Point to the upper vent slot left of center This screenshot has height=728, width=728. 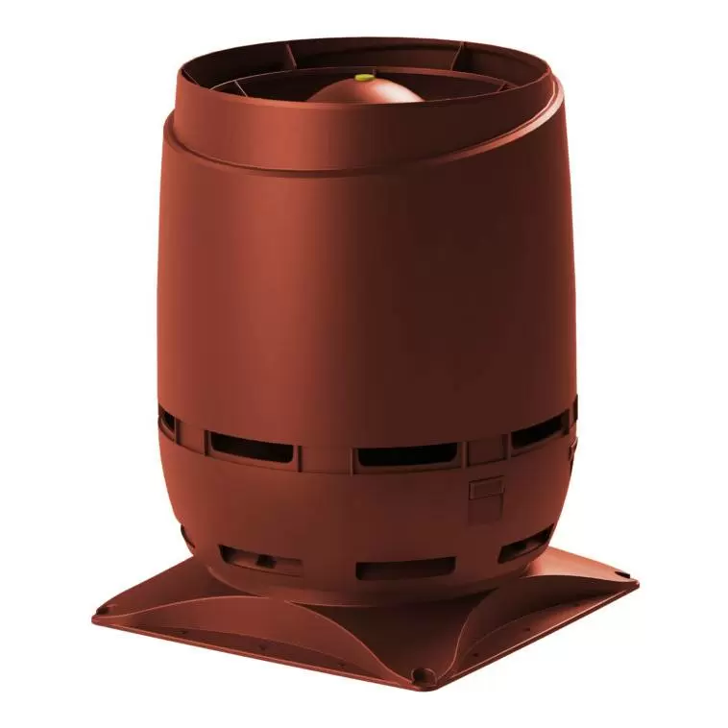[x=251, y=445]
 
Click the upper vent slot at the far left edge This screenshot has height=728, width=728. [x=168, y=423]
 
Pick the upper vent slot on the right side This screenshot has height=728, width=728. [x=537, y=434]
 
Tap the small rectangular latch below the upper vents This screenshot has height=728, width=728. [x=486, y=490]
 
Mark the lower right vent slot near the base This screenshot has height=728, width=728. [x=524, y=549]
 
